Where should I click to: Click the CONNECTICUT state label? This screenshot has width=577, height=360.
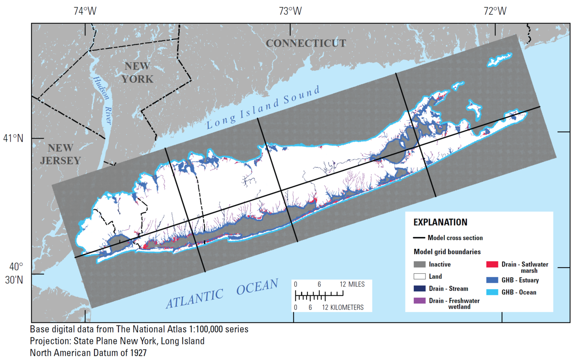(x=306, y=43)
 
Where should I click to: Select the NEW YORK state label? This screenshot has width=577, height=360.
(x=137, y=73)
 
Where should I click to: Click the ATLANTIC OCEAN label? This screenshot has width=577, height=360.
(x=222, y=294)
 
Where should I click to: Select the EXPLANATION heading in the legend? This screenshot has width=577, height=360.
(x=440, y=222)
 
